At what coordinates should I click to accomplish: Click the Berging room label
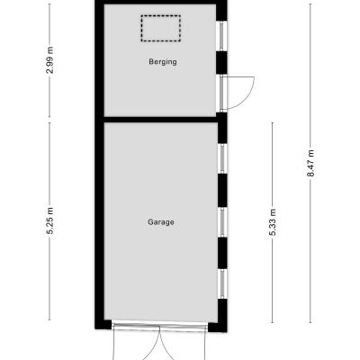tap(163, 62)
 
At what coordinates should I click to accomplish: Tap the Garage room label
tap(161, 222)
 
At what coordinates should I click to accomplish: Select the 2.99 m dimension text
tap(50, 60)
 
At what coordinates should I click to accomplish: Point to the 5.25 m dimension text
tap(50, 220)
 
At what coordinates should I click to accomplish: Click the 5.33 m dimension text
tap(273, 222)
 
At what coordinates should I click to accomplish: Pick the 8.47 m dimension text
tap(310, 163)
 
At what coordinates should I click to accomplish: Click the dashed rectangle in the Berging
tap(161, 28)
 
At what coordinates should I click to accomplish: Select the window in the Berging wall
tap(222, 36)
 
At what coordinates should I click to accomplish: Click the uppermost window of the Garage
tap(222, 159)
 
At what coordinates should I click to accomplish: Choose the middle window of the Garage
tap(222, 222)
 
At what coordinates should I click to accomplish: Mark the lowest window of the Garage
tap(222, 284)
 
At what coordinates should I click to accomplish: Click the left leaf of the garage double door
tap(137, 343)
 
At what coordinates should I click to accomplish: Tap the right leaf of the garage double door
tap(183, 343)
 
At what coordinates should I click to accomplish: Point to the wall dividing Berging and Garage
tap(160, 120)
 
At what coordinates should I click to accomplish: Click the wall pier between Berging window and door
tap(221, 63)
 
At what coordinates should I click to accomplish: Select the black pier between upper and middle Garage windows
tap(222, 191)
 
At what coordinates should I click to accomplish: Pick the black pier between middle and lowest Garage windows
tap(222, 253)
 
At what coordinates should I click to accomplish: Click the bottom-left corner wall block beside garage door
tap(103, 324)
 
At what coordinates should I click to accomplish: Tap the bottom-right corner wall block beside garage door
tap(218, 327)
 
